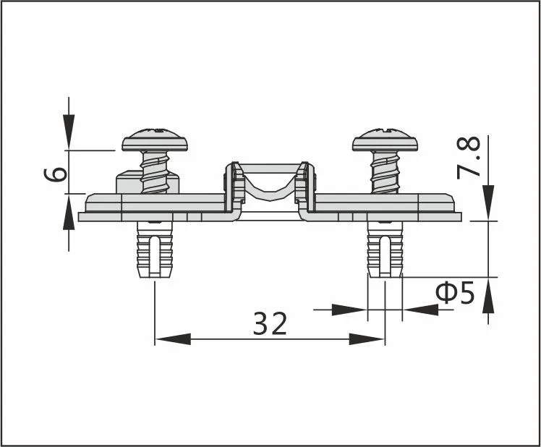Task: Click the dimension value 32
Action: click(270, 323)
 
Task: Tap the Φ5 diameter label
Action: click(455, 293)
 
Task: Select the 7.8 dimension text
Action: click(469, 158)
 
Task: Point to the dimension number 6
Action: click(56, 174)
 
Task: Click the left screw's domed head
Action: click(155, 140)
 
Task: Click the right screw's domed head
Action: click(385, 140)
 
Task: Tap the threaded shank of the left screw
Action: click(155, 172)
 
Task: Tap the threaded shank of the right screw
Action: click(385, 172)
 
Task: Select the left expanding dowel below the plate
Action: click(155, 250)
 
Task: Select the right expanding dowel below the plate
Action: click(385, 250)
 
